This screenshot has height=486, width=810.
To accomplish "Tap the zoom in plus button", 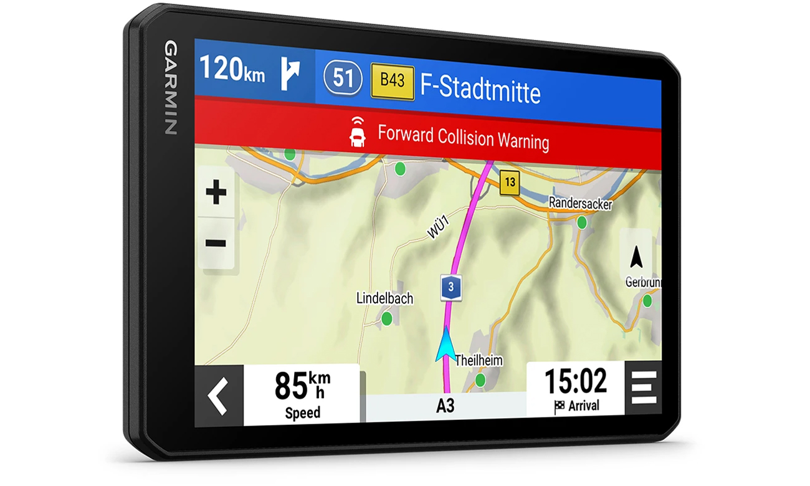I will pyautogui.click(x=216, y=193).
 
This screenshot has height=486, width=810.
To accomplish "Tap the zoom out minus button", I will pyautogui.click(x=216, y=243).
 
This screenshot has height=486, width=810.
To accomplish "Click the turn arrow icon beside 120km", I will pyautogui.click(x=290, y=74).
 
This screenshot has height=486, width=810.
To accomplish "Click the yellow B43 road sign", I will pyautogui.click(x=393, y=81).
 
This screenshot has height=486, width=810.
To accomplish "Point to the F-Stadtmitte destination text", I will pyautogui.click(x=480, y=88).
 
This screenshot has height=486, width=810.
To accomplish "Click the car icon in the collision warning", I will pyautogui.click(x=358, y=133).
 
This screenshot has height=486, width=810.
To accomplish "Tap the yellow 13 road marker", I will pyautogui.click(x=510, y=183).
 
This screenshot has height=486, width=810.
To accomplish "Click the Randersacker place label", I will pyautogui.click(x=580, y=203).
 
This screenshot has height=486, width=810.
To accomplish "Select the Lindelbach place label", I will pyautogui.click(x=384, y=298).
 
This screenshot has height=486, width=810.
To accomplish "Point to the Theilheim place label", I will pyautogui.click(x=479, y=360).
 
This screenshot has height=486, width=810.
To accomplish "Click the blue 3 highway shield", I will pyautogui.click(x=451, y=287).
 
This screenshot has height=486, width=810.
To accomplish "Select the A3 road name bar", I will pyautogui.click(x=445, y=406).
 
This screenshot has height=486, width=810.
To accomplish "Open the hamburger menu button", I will pyautogui.click(x=644, y=388).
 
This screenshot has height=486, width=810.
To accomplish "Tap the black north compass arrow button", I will pyautogui.click(x=636, y=257).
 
